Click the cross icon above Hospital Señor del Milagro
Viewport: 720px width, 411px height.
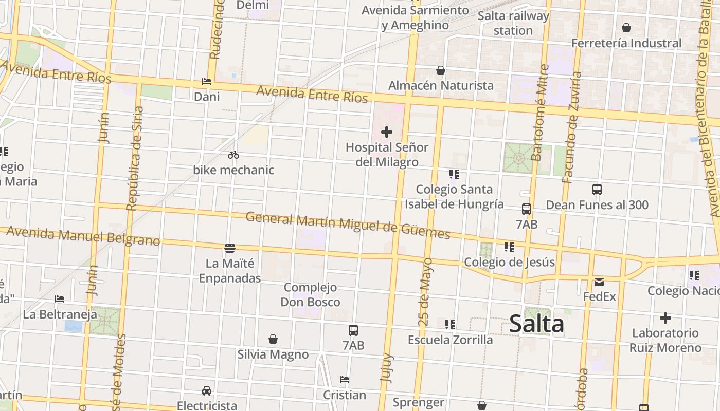(x=387, y=133)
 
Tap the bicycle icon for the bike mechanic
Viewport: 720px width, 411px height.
(x=233, y=155)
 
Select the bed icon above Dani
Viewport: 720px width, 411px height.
(x=207, y=82)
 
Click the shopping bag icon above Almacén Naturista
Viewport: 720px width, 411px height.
(x=441, y=70)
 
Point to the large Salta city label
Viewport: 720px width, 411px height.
(x=536, y=324)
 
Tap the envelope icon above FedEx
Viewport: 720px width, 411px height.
(x=599, y=282)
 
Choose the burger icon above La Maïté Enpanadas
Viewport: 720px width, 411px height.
(x=230, y=249)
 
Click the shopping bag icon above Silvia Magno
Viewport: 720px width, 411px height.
(x=273, y=340)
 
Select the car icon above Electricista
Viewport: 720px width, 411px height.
(x=207, y=391)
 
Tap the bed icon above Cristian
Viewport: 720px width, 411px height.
(x=345, y=380)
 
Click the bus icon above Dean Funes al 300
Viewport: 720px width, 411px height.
(x=597, y=190)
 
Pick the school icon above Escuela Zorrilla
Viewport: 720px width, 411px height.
(x=450, y=325)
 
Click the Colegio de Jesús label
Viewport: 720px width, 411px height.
(x=509, y=263)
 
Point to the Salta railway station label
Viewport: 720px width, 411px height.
(x=513, y=23)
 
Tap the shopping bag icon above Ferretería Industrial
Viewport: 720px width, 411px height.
(x=626, y=28)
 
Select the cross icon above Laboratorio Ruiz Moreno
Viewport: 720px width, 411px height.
(x=665, y=318)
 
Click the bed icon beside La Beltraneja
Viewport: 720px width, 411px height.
(x=60, y=299)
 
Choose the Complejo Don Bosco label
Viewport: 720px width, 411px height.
(x=310, y=294)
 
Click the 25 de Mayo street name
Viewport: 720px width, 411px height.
(x=425, y=292)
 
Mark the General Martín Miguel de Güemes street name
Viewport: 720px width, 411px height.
(x=348, y=225)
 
